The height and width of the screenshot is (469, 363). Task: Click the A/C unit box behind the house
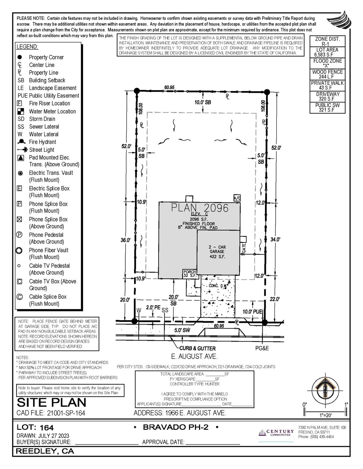tap(237, 198)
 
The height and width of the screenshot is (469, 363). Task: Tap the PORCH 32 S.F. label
tap(189, 274)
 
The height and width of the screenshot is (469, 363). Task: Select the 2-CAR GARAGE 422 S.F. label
tap(217, 252)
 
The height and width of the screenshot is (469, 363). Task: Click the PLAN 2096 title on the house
tap(200, 208)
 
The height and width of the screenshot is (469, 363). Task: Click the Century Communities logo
tap(276, 432)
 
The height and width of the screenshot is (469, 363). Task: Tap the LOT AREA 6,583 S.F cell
tap(327, 52)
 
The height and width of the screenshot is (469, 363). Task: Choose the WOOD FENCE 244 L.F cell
tap(327, 74)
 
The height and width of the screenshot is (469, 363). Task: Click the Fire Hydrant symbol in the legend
tap(21, 142)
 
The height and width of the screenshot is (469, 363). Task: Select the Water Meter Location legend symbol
tap(21, 111)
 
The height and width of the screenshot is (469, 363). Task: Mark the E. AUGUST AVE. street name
tap(194, 356)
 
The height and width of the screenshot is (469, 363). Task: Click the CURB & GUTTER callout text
tap(198, 348)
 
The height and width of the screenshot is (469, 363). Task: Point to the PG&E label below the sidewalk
tap(262, 348)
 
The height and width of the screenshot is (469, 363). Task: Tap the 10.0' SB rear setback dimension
tap(203, 102)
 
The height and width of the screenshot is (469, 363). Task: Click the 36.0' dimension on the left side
tap(126, 240)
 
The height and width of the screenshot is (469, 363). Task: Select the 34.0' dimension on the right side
tap(275, 239)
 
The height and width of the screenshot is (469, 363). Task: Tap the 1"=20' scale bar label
tap(326, 415)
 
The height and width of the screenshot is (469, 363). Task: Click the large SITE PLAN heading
tap(51, 403)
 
